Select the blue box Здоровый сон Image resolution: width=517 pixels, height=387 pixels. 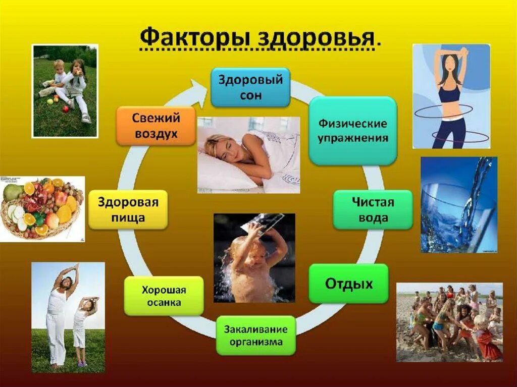click(x=250, y=87)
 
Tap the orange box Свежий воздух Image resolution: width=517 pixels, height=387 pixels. click(x=156, y=126)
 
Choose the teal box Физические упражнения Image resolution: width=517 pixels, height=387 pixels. click(x=352, y=131)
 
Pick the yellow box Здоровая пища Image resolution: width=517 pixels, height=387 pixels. click(x=128, y=210)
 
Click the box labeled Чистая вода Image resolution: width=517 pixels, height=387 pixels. click(x=373, y=210)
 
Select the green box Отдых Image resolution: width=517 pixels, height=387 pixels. click(x=348, y=283)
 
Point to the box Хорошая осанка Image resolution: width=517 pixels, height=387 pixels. click(x=164, y=296)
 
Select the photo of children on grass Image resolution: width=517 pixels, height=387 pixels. click(x=65, y=91)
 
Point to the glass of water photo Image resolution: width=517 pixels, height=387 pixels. click(x=458, y=204)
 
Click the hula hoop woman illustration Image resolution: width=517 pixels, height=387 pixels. click(x=451, y=96)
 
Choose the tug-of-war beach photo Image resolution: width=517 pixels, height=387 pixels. click(x=449, y=321)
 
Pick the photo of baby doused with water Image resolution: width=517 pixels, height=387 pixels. click(x=254, y=258)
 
